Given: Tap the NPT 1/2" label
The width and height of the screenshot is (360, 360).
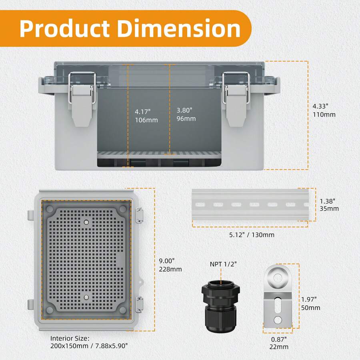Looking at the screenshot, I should (x=223, y=264).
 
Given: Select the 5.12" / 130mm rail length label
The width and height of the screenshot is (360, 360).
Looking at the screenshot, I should (x=252, y=235).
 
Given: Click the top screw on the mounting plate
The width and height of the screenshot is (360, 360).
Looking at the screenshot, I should (x=86, y=221).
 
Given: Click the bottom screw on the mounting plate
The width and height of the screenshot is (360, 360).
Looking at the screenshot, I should (x=86, y=296).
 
